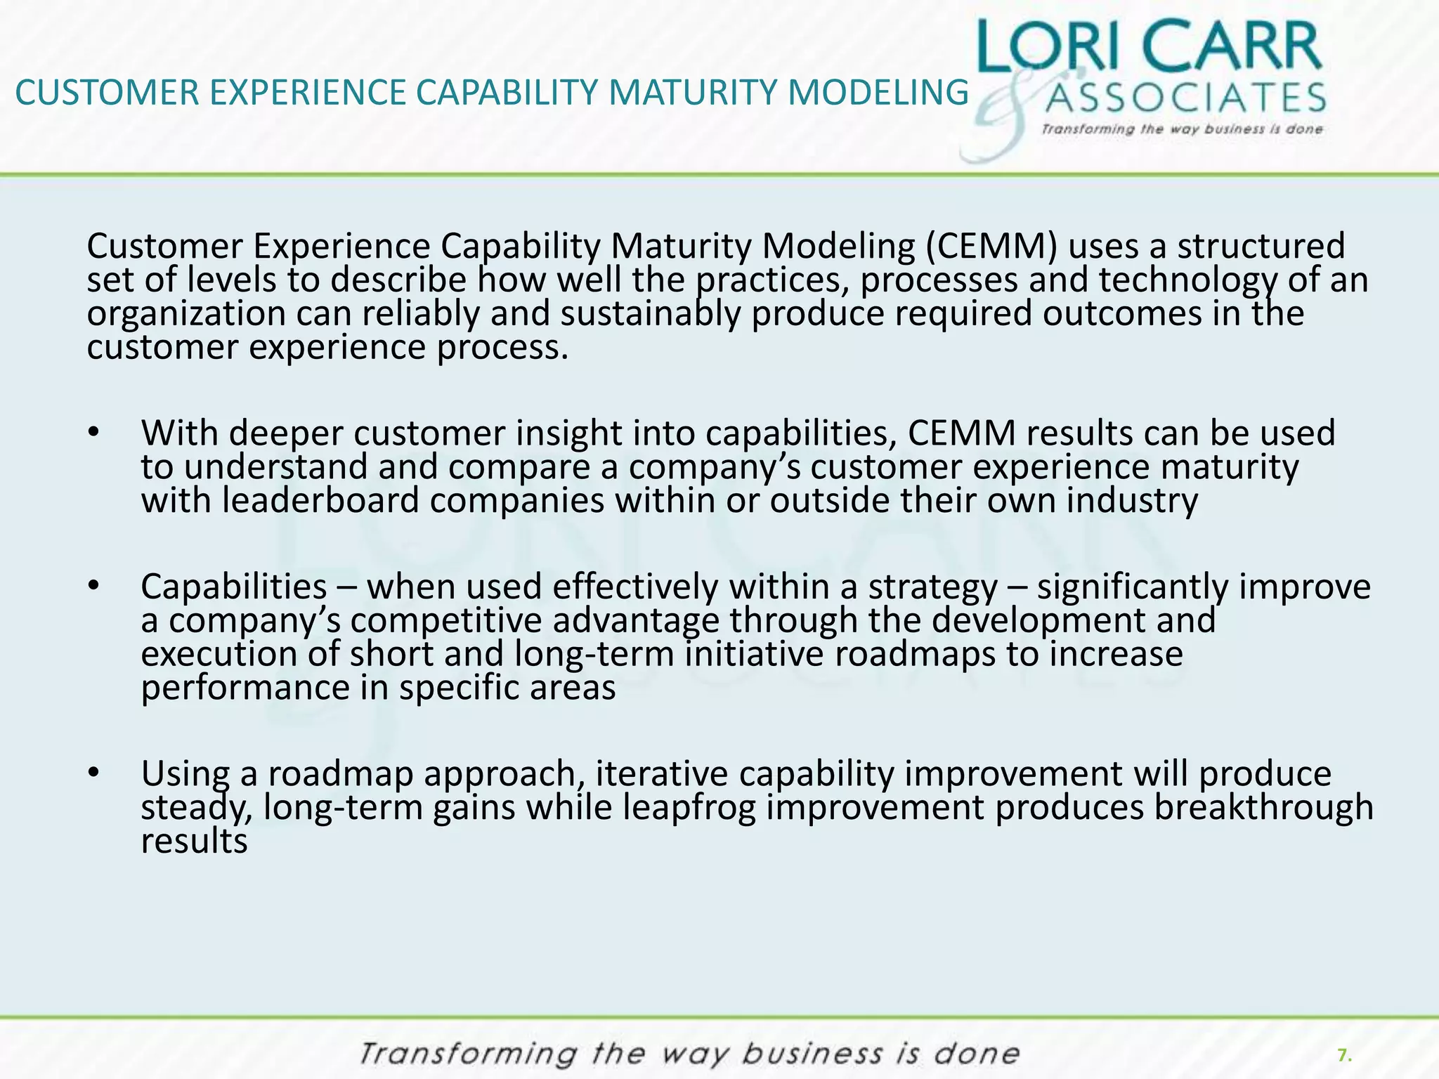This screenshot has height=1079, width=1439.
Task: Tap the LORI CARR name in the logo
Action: tap(1149, 46)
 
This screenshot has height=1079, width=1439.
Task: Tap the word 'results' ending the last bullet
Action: tap(194, 841)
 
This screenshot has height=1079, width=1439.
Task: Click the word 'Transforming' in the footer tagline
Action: tap(468, 1054)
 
